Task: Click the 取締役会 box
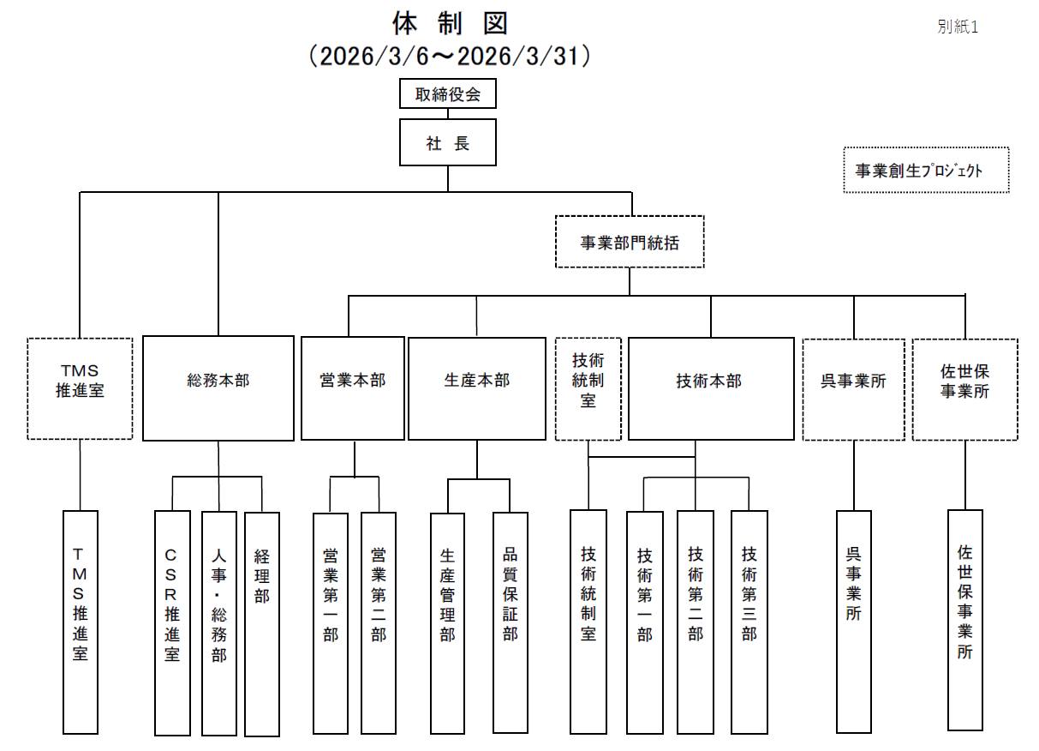(x=448, y=93)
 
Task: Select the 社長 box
(x=448, y=143)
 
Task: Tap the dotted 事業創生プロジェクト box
(x=926, y=170)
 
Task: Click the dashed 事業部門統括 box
(x=630, y=242)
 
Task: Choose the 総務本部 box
(x=218, y=388)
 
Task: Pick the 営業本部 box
(x=353, y=388)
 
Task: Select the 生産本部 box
(x=477, y=388)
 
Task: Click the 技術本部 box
(x=711, y=388)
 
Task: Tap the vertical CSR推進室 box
(x=172, y=623)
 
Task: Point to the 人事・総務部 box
(x=218, y=623)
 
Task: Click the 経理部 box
(x=262, y=623)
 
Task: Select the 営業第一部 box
(x=331, y=623)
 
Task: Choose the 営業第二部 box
(x=379, y=623)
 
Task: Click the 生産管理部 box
(x=447, y=623)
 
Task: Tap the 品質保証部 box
(x=511, y=623)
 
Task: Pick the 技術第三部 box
(x=749, y=623)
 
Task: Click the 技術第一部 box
(x=645, y=623)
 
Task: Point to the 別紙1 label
(x=958, y=27)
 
